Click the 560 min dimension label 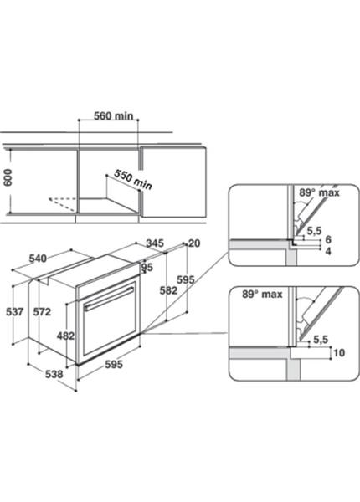[x=113, y=115]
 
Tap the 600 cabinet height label [x=7, y=177]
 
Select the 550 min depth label [x=133, y=179]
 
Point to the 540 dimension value [x=38, y=258]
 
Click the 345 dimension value [x=155, y=243]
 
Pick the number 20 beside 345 [x=194, y=243]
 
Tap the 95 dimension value [x=147, y=267]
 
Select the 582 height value [x=168, y=290]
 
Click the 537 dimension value [x=15, y=311]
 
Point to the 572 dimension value [x=42, y=311]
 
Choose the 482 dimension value [x=65, y=336]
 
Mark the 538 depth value [x=54, y=374]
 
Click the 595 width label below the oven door [x=114, y=364]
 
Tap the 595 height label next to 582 [x=186, y=279]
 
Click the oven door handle [x=109, y=299]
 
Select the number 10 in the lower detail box [x=339, y=353]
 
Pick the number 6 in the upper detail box [x=328, y=239]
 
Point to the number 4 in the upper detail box [x=328, y=251]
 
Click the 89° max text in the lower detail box [x=262, y=295]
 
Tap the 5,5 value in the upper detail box [x=314, y=231]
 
